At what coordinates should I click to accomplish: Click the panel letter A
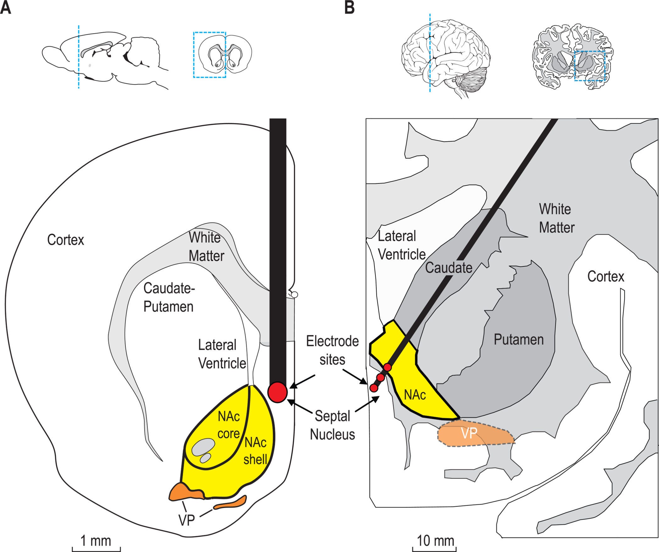(5, 8)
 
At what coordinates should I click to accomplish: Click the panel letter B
(350, 8)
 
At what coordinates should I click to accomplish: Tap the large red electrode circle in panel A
(278, 392)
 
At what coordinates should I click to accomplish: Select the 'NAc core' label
(229, 425)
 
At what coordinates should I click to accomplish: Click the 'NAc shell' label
(256, 451)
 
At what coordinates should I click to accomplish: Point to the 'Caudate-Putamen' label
(169, 297)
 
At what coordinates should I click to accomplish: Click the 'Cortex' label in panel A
(66, 240)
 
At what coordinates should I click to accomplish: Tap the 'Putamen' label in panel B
(518, 340)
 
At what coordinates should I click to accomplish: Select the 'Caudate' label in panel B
(449, 268)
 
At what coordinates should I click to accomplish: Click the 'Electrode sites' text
(332, 350)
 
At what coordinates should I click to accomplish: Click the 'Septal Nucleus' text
(332, 425)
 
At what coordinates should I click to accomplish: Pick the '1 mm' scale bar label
(96, 541)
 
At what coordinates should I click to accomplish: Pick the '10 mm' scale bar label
(435, 541)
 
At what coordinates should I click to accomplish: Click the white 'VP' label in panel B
(469, 433)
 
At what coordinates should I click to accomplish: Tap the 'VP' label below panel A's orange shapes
(186, 520)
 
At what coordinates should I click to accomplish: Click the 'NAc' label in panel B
(415, 395)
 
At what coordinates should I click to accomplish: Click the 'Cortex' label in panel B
(606, 276)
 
